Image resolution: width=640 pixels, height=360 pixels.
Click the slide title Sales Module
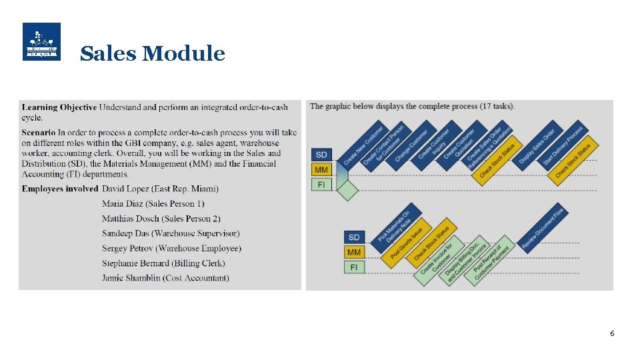point(152,53)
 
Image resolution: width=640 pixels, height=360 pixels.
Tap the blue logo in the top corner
point(41,41)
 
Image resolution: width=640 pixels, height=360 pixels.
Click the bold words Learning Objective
point(59,107)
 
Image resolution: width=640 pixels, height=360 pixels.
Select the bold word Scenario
point(39,133)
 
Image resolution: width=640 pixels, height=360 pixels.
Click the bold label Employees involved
point(60,189)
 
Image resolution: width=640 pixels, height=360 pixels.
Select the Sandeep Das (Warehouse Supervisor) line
point(171,233)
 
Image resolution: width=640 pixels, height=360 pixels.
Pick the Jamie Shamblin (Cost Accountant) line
point(165,278)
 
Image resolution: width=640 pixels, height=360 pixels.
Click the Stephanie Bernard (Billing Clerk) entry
point(163,263)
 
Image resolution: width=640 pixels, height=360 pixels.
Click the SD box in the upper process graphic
point(321,155)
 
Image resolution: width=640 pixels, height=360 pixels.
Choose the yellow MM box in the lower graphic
point(354,252)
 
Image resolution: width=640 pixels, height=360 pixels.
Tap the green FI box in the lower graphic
point(354,267)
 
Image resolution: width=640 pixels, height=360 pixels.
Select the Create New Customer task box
point(363,146)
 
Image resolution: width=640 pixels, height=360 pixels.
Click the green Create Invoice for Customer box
point(437,259)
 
